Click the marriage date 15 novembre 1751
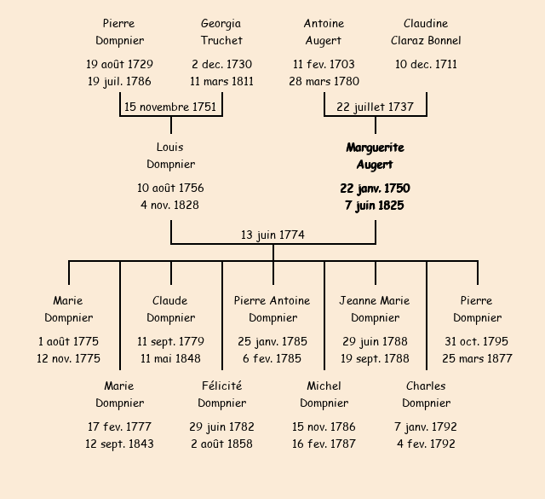tap(170, 107)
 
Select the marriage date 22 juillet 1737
tap(375, 107)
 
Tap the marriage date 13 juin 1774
tap(272, 235)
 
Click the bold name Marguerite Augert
tap(375, 156)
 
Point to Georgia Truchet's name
tap(221, 32)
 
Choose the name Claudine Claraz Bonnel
tap(426, 32)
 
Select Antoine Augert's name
tap(324, 32)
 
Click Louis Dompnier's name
tap(170, 156)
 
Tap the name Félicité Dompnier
tap(221, 394)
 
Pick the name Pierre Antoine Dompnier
tap(272, 309)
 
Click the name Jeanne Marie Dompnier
tap(375, 309)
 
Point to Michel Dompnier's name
tap(324, 394)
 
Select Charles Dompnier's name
tap(426, 394)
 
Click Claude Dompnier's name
tap(170, 309)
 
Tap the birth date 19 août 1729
tap(119, 64)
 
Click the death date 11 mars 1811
tap(221, 81)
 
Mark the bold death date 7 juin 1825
tap(375, 206)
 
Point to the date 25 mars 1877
tap(477, 358)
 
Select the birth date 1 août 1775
tap(68, 341)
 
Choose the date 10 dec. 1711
tap(426, 64)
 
